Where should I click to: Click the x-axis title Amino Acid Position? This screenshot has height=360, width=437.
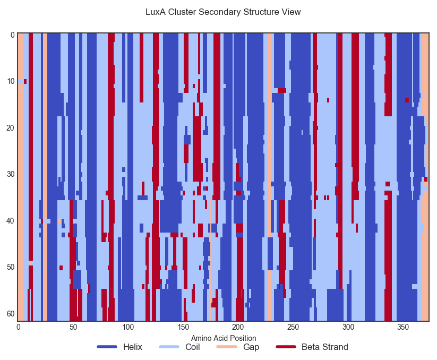tap(224, 338)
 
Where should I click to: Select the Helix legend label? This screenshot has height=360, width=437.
tap(132, 347)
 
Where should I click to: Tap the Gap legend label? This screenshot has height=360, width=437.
tap(251, 347)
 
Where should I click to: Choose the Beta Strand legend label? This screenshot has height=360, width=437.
tap(324, 347)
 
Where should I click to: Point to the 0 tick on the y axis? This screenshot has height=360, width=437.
tap(12, 35)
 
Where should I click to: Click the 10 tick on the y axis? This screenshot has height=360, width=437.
tap(11, 81)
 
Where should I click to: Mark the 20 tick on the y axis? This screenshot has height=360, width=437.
tap(11, 128)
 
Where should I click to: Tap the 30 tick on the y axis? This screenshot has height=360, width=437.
tap(11, 174)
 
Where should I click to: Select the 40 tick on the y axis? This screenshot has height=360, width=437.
tap(11, 220)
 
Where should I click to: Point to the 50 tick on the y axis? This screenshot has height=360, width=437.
tap(11, 267)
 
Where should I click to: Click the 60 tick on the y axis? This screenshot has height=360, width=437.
tap(11, 313)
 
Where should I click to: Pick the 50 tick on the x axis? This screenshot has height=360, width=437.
tap(73, 327)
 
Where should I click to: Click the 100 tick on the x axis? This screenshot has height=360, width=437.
tap(128, 327)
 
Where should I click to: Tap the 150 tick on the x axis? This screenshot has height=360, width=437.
tap(183, 327)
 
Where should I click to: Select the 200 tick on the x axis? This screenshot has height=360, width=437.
tap(238, 327)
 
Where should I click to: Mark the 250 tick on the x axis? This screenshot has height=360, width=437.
tap(293, 327)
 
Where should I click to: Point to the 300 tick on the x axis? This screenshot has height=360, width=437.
tap(348, 327)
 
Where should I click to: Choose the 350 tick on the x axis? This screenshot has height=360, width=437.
tap(403, 327)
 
